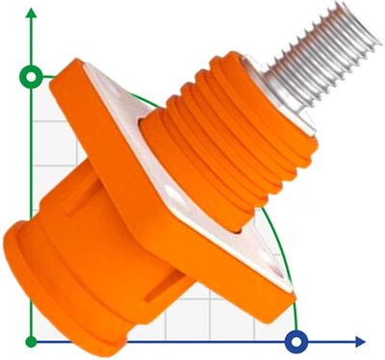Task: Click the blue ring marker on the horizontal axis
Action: (299, 341)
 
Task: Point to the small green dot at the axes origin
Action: (32, 341)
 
